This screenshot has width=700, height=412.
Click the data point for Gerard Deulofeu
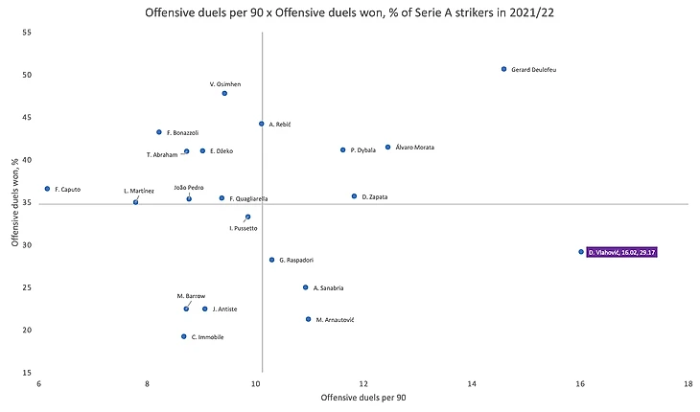coord(503,69)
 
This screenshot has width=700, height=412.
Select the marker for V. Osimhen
coord(224,93)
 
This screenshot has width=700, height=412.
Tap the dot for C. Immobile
coord(183,336)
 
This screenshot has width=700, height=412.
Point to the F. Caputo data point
coord(47,189)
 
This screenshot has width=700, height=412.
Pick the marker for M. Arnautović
coord(308,319)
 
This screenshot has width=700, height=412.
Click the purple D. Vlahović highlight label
coord(625,252)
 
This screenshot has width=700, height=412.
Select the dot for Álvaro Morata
coord(387,148)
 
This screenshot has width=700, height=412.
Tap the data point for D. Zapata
coord(354,195)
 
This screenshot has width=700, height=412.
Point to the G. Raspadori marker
coord(271,260)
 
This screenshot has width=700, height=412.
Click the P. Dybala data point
coord(342,149)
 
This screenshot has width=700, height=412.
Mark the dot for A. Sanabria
coord(305,287)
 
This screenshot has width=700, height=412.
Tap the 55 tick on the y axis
coord(27,33)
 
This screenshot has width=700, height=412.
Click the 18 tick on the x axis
coord(688,383)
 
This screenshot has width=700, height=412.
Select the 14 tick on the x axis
coord(472,383)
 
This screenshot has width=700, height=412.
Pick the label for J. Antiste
coord(224,309)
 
